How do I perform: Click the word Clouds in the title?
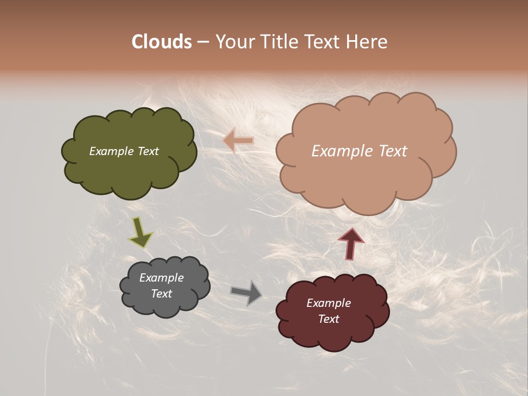[161, 42]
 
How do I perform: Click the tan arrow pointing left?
[238, 140]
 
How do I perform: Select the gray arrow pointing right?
[246, 293]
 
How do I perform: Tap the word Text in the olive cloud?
[148, 151]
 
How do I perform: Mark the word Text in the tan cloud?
[393, 151]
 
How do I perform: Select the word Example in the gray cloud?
[162, 278]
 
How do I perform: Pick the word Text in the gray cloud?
[162, 294]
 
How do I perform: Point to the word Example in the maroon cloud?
[329, 303]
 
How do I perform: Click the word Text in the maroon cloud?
[329, 319]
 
